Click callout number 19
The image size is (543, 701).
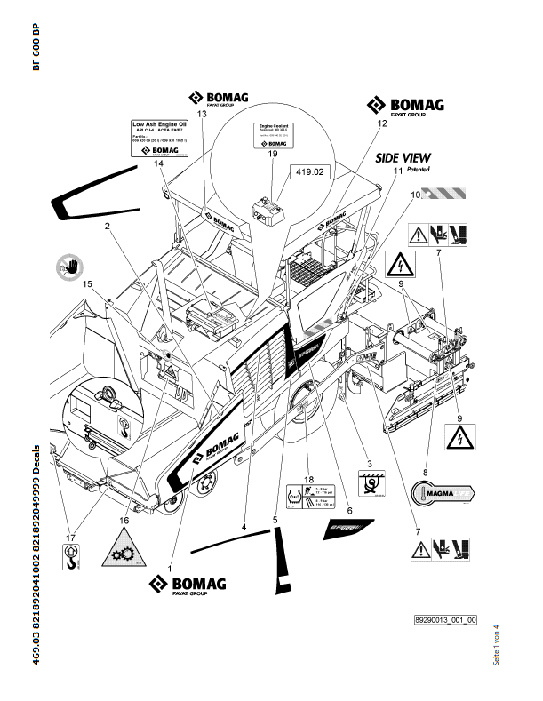click(x=273, y=155)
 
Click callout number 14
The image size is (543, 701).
click(x=158, y=164)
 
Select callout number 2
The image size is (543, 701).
click(x=107, y=227)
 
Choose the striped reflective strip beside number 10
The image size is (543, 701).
click(x=445, y=192)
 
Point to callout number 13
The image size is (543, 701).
click(x=202, y=115)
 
